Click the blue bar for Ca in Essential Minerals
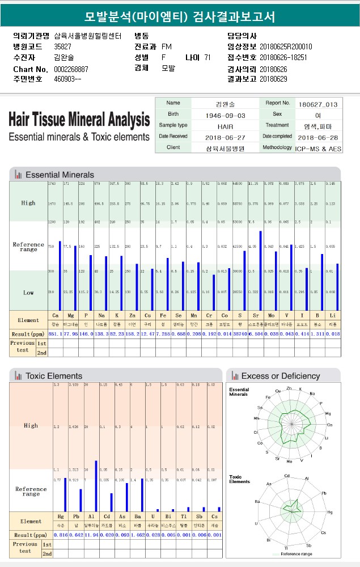pyautogui.click(x=60, y=276)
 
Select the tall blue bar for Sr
pyautogui.click(x=260, y=270)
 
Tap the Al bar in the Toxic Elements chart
pyautogui.click(x=96, y=486)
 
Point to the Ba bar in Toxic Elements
pyautogui.click(x=142, y=495)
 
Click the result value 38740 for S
pyautogui.click(x=241, y=335)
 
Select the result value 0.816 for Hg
pyautogui.click(x=61, y=535)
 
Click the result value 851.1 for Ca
pyautogui.click(x=56, y=335)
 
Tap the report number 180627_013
pyautogui.click(x=318, y=104)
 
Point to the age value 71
pyautogui.click(x=207, y=57)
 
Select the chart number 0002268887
pyautogui.click(x=71, y=69)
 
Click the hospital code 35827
pyautogui.click(x=62, y=46)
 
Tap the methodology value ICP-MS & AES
pyautogui.click(x=318, y=149)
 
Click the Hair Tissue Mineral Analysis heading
pyautogui.click(x=79, y=120)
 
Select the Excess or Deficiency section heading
pyautogui.click(x=280, y=376)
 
